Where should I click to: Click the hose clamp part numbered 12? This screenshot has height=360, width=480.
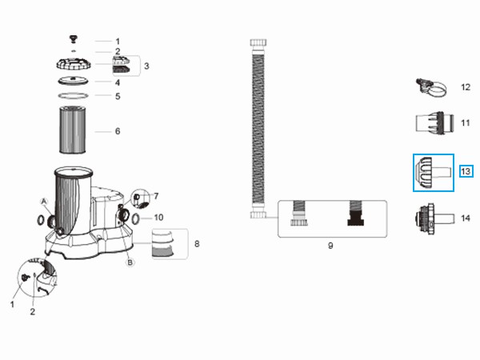pyautogui.click(x=431, y=87)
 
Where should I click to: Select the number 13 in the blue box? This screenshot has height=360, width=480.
pyautogui.click(x=466, y=171)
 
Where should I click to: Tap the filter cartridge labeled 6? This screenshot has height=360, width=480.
pyautogui.click(x=73, y=130)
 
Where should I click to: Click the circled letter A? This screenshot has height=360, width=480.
pyautogui.click(x=44, y=202)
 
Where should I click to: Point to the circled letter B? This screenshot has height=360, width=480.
pyautogui.click(x=130, y=262)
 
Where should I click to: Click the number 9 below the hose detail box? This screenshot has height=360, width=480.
pyautogui.click(x=330, y=246)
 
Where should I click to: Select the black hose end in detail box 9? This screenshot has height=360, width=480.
pyautogui.click(x=356, y=214)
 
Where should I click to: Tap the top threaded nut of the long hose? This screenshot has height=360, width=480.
pyautogui.click(x=258, y=42)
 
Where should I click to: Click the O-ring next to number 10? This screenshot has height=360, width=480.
pyautogui.click(x=136, y=218)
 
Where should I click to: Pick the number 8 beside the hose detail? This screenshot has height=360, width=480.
pyautogui.click(x=197, y=244)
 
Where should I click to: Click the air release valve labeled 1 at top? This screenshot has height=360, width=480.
pyautogui.click(x=74, y=39)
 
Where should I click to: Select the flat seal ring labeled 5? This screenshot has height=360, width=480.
pyautogui.click(x=73, y=96)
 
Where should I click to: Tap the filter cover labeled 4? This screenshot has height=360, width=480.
pyautogui.click(x=73, y=81)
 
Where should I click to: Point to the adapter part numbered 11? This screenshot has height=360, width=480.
pyautogui.click(x=434, y=123)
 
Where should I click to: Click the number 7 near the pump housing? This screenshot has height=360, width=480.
pyautogui.click(x=156, y=196)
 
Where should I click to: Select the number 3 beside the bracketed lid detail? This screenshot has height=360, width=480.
pyautogui.click(x=146, y=66)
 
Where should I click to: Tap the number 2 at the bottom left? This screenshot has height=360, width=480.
pyautogui.click(x=33, y=312)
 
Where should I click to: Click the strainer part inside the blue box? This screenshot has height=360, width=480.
pyautogui.click(x=433, y=172)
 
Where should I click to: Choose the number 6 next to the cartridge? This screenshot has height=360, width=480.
pyautogui.click(x=118, y=131)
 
